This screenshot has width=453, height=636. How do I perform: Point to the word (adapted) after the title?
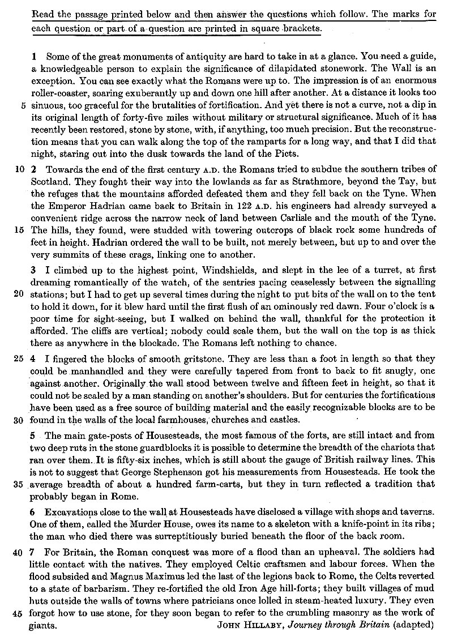tap(413, 625)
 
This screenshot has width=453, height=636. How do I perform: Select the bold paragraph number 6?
tap(33, 513)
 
